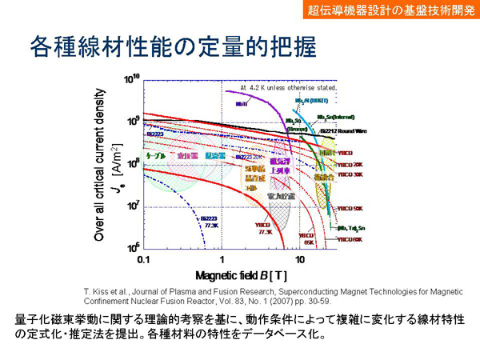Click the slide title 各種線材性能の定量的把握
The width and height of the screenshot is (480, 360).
tap(173, 46)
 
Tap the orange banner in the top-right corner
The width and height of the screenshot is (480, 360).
tap(393, 10)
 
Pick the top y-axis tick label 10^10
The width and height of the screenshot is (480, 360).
tap(130, 79)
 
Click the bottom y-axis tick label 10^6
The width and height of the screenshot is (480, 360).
tap(130, 247)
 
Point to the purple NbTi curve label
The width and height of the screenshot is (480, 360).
tap(239, 102)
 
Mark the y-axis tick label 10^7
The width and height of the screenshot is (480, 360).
tap(130, 206)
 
